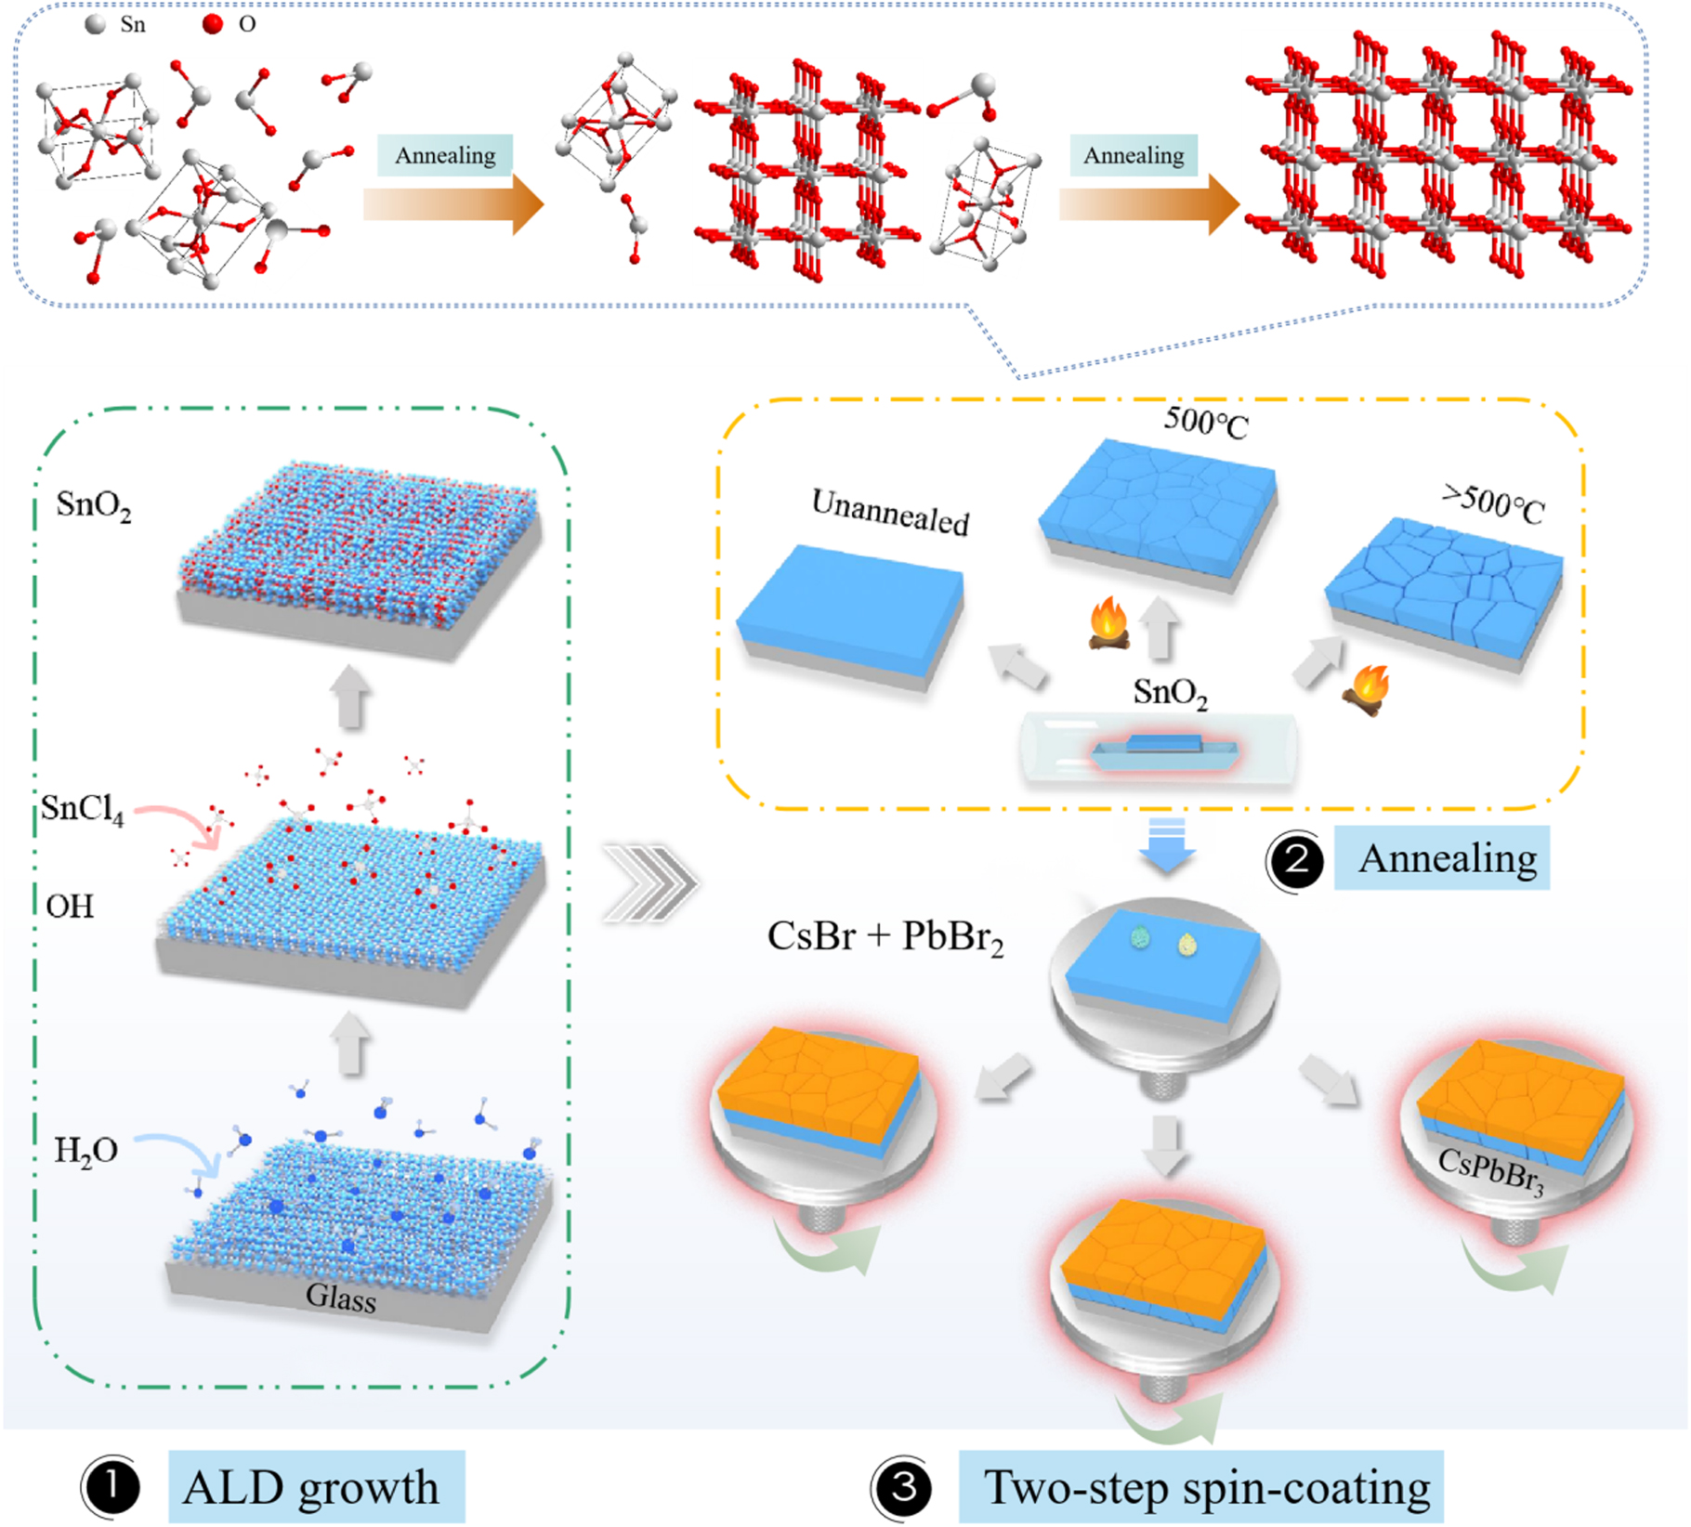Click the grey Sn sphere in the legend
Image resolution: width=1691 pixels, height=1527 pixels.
point(95,23)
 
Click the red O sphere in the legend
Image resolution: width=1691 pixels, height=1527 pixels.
point(213,23)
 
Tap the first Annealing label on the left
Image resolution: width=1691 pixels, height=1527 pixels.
point(445,155)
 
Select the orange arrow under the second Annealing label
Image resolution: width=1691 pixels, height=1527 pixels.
point(1148,204)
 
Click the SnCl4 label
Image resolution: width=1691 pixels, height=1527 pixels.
point(82,808)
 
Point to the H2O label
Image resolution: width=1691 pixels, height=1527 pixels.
point(85,1151)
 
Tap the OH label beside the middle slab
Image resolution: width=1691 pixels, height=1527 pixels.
point(70,906)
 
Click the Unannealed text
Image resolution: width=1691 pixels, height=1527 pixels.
point(889,512)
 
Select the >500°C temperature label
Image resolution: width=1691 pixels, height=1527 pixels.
point(1493,504)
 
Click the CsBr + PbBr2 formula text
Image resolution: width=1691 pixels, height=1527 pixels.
point(885,937)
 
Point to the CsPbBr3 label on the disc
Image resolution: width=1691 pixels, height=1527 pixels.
point(1489,1172)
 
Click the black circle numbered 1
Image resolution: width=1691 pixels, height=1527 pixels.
point(111,1487)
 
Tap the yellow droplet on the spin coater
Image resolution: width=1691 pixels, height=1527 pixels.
point(1186,945)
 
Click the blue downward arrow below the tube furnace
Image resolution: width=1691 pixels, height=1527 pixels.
point(1167,844)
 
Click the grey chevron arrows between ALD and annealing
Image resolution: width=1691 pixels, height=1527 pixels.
point(649,883)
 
